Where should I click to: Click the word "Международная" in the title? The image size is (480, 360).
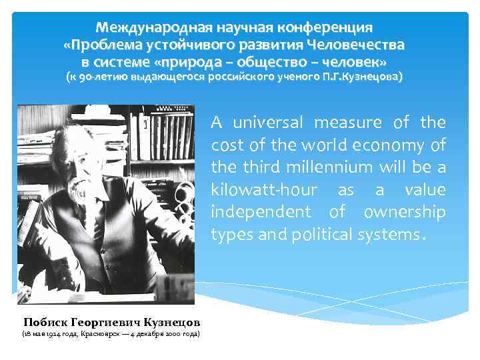[141, 28]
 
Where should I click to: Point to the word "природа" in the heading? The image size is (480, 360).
[209, 61]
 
